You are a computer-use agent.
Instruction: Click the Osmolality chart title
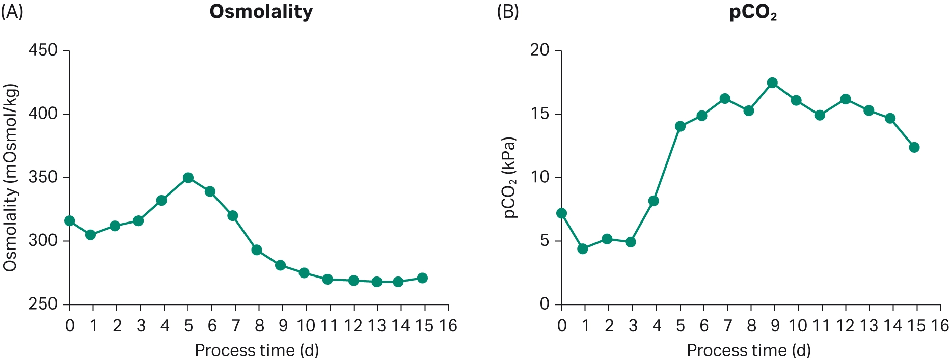pyautogui.click(x=261, y=12)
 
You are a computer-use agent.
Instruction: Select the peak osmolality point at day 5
pyautogui.click(x=188, y=178)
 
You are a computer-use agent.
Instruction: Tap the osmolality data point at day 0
pyautogui.click(x=70, y=221)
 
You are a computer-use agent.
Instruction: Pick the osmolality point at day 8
pyautogui.click(x=257, y=250)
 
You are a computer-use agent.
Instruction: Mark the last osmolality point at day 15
pyautogui.click(x=422, y=278)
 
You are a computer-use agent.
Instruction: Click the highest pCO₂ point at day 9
pyautogui.click(x=772, y=83)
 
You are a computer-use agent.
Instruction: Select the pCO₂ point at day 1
pyautogui.click(x=583, y=249)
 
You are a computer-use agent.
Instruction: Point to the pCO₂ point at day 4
pyautogui.click(x=654, y=201)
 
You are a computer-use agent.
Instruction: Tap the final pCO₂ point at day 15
pyautogui.click(x=914, y=148)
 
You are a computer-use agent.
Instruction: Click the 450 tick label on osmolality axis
pyautogui.click(x=43, y=50)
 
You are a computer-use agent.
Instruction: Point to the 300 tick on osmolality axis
pyautogui.click(x=43, y=241)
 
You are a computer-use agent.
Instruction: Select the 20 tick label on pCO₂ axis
pyautogui.click(x=540, y=50)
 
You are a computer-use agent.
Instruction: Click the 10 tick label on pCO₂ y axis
pyautogui.click(x=540, y=177)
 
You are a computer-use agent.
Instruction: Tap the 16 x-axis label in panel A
pyautogui.click(x=448, y=326)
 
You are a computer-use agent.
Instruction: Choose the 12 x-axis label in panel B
pyautogui.click(x=846, y=326)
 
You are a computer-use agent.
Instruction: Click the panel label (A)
pyautogui.click(x=12, y=12)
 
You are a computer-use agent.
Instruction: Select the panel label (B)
pyautogui.click(x=507, y=12)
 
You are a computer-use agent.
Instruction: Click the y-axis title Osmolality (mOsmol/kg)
pyautogui.click(x=11, y=178)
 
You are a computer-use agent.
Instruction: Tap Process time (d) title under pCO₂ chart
pyautogui.click(x=748, y=351)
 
